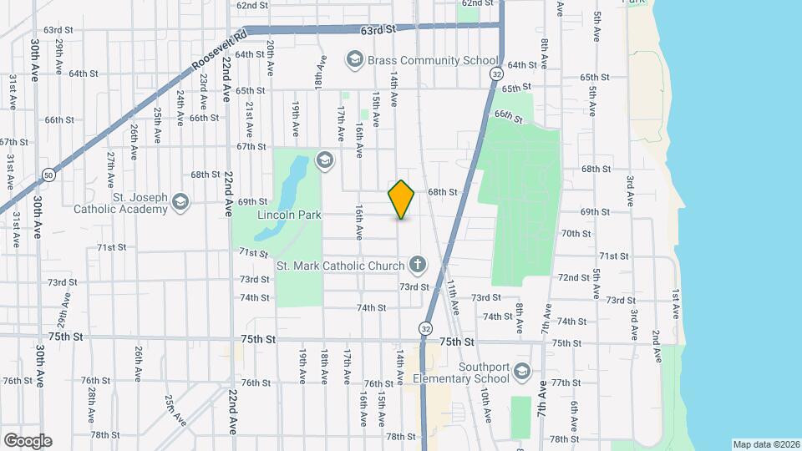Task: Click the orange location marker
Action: coord(402,200)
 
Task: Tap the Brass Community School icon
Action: coord(354,59)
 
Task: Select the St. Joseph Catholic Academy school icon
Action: coord(180,201)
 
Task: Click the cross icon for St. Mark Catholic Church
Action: coord(417,266)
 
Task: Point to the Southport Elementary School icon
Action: coord(522,371)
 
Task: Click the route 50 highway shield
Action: coord(48,174)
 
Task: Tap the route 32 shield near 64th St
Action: coord(496,74)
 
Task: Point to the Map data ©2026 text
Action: coord(764,444)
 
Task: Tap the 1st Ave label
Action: coord(676,302)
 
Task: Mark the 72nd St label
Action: coord(575,277)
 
